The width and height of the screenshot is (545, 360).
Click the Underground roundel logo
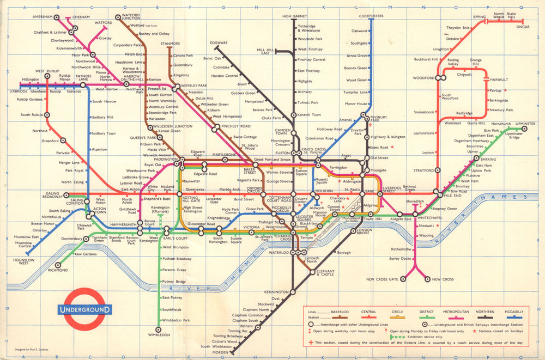pos(84,309)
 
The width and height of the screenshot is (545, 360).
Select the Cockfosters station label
pos(372,16)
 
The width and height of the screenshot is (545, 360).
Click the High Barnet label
pos(294,16)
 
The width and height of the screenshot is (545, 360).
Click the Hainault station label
pos(499,80)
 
